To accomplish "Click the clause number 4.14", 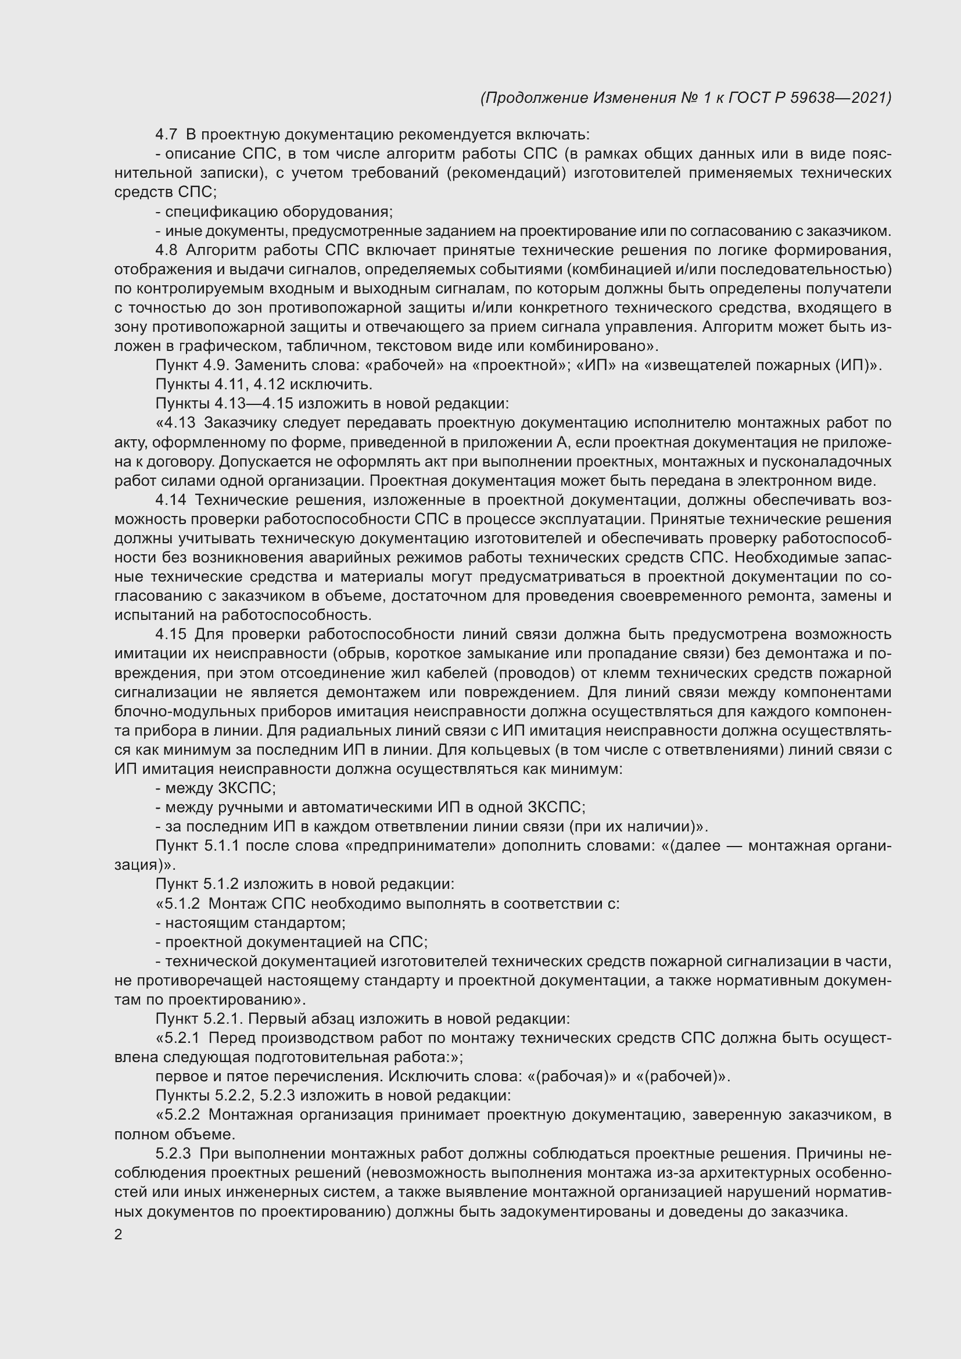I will pyautogui.click(x=170, y=500).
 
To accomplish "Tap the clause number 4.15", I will pyautogui.click(x=170, y=634).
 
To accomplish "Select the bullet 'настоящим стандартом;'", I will pyautogui.click(x=251, y=923).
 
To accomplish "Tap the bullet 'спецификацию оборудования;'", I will pyautogui.click(x=275, y=211).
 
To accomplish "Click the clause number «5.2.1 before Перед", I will pyautogui.click(x=178, y=1038).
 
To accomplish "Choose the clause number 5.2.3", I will pyautogui.click(x=173, y=1154).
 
